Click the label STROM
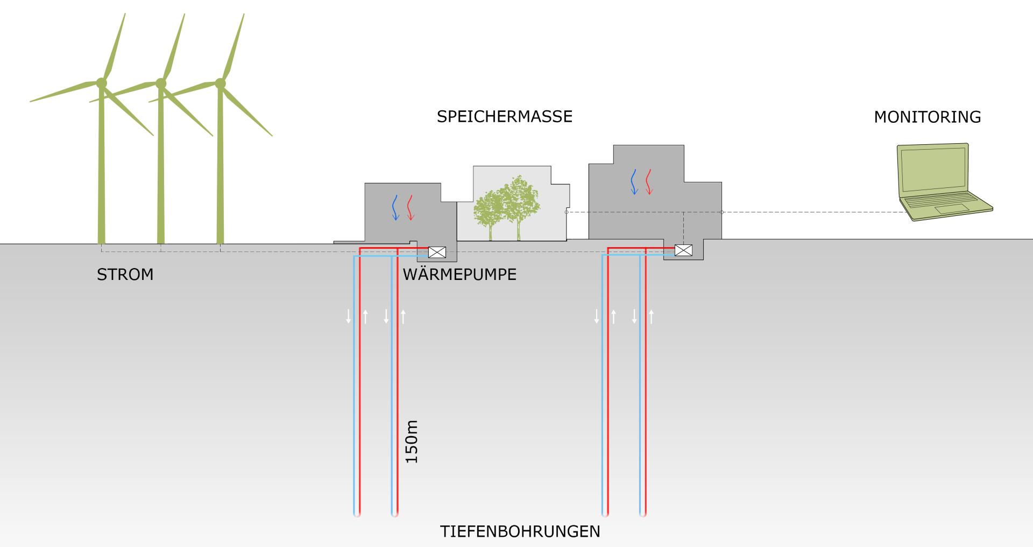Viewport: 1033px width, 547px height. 125,275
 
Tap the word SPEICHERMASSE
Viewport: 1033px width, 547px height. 504,117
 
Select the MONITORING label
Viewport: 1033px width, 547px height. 927,117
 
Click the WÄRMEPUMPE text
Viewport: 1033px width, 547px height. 459,275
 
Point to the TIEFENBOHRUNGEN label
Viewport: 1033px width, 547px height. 520,532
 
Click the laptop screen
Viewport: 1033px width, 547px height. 933,169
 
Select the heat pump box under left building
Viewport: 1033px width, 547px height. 437,252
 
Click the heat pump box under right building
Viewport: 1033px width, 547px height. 683,250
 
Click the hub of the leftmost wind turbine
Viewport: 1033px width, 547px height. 101,82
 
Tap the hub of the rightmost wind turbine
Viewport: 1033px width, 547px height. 220,83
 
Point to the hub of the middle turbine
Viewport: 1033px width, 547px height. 160,83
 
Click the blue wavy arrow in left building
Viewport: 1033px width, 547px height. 395,207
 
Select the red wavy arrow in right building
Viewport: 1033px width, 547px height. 649,181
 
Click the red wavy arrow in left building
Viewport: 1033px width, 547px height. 411,207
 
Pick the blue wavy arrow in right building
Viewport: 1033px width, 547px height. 634,181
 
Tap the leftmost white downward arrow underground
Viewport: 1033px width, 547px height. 349,317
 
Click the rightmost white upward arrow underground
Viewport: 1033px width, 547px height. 651,317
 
